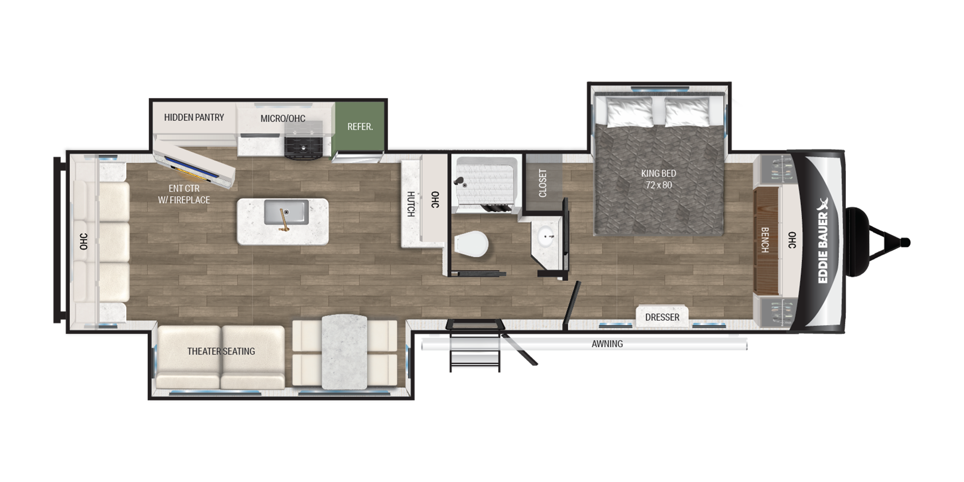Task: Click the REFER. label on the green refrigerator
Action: (x=360, y=127)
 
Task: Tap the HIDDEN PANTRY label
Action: (x=194, y=117)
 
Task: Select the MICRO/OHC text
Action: (x=282, y=118)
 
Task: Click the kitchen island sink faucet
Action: (x=284, y=220)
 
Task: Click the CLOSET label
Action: (x=543, y=183)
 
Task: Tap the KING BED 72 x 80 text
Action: (x=658, y=179)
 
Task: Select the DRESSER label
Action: (x=662, y=317)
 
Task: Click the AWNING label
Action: (x=607, y=344)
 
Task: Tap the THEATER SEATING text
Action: (x=221, y=351)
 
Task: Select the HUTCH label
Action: (x=411, y=204)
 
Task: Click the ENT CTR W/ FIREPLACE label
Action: (x=184, y=194)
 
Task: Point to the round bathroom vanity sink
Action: (x=547, y=236)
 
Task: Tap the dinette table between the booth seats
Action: (x=344, y=351)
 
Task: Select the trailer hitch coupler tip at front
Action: (x=905, y=243)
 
